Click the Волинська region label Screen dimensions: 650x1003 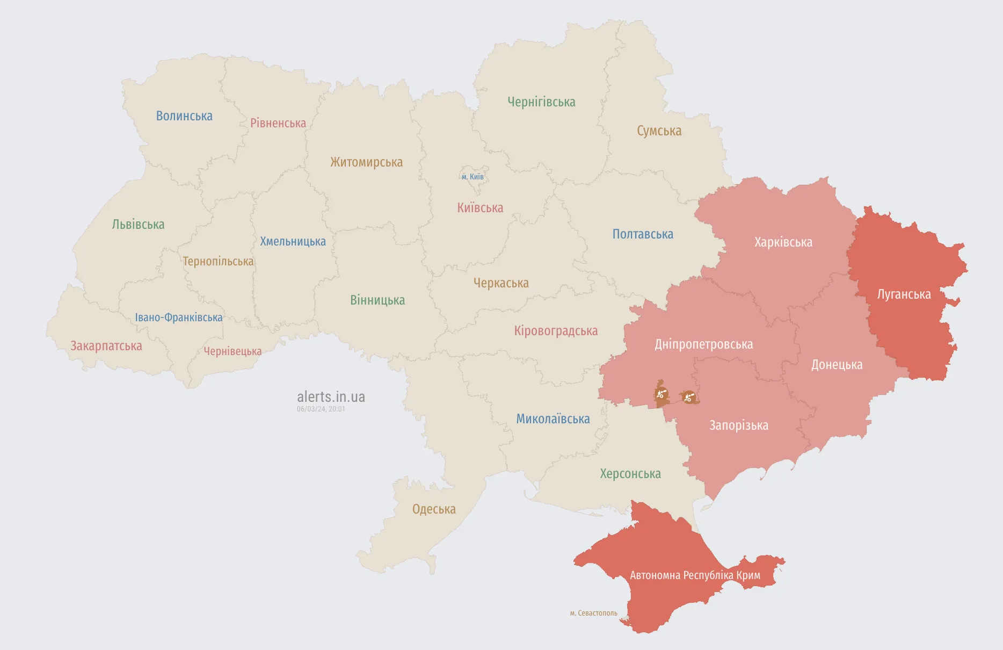point(184,116)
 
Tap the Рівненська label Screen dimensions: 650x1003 point(278,123)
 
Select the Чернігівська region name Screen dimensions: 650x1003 point(541,102)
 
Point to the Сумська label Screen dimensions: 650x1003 point(659,131)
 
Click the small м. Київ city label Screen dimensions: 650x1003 point(473,177)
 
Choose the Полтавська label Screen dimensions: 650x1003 point(643,234)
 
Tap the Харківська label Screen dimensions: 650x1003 point(783,242)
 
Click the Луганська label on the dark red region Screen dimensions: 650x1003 point(904,294)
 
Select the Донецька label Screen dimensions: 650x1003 point(837,365)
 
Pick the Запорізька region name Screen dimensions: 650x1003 point(739,425)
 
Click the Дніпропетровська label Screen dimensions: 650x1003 point(703,344)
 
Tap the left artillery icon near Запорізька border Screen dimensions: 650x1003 point(662,395)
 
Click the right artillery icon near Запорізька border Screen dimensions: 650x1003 point(689,398)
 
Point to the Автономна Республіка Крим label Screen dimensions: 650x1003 point(695,575)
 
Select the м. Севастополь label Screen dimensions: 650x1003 point(593,613)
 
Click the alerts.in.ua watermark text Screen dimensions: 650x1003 point(331,397)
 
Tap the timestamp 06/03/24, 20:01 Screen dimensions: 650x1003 point(321,409)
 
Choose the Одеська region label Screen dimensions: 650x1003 point(434,509)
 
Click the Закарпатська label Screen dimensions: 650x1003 point(106,346)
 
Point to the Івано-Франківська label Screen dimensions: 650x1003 point(178,317)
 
